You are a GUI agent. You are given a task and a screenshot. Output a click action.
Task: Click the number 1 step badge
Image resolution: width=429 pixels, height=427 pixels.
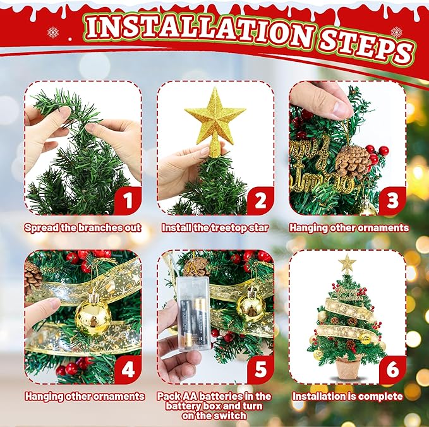click(128, 201)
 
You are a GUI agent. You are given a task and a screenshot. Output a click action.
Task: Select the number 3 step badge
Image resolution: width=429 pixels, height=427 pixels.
click(392, 201)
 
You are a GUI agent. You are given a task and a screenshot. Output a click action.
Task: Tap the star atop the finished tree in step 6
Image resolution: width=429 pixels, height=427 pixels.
click(346, 263)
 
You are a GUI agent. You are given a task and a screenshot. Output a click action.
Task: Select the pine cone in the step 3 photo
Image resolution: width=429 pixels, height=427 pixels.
click(352, 162)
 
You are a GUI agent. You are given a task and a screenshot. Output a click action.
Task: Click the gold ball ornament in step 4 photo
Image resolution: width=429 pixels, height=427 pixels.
click(93, 316)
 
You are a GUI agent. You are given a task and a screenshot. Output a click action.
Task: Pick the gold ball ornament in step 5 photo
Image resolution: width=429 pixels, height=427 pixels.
click(251, 306)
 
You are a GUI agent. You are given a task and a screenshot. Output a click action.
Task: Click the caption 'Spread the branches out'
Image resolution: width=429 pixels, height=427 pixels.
click(82, 227)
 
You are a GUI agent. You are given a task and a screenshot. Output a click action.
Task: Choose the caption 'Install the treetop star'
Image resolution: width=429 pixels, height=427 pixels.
click(215, 227)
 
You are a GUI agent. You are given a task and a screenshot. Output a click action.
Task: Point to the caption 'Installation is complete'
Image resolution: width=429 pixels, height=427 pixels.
click(347, 397)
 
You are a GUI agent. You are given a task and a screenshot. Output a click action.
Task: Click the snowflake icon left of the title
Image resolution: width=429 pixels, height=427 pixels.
click(53, 32)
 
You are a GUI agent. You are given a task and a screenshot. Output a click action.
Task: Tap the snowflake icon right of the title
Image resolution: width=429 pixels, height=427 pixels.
click(396, 32)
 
